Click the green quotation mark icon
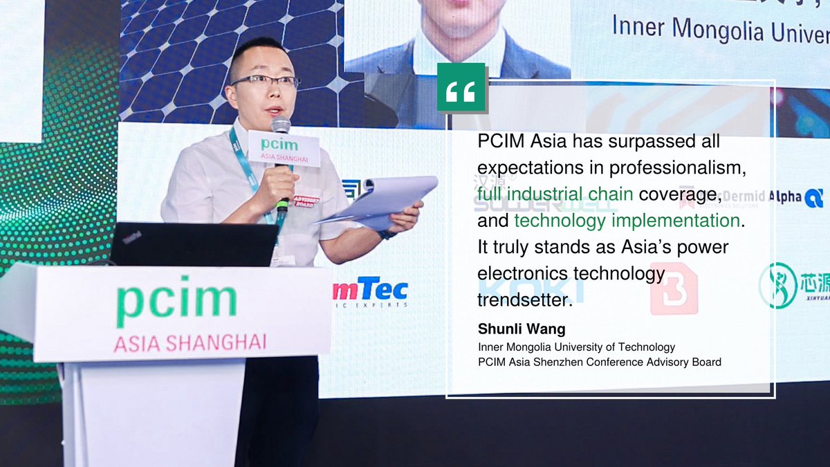pos(461,88)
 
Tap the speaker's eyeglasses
pos(265,81)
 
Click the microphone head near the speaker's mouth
pos(280,125)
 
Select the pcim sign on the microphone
pos(283,149)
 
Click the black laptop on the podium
pos(194,244)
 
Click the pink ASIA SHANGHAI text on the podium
pos(190,342)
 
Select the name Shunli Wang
pos(522,329)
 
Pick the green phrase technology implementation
pos(627,221)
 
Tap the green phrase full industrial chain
pos(555,194)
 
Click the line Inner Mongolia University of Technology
pos(576,347)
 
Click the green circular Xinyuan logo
pos(777,285)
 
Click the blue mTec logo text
pos(371,289)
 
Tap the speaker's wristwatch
pos(387,234)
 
